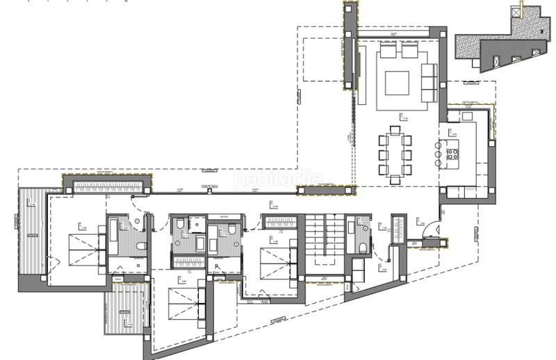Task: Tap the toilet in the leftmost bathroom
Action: pyautogui.click(x=141, y=248)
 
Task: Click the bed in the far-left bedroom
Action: pyautogui.click(x=82, y=247)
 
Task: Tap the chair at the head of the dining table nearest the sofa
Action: pyautogui.click(x=395, y=129)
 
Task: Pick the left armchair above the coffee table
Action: pyautogui.click(x=388, y=51)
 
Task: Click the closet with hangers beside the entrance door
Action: pyautogui.click(x=400, y=229)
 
